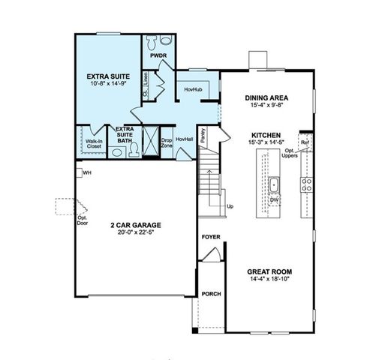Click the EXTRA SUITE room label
[109, 76]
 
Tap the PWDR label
[158, 56]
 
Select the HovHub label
[193, 90]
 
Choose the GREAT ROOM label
[269, 271]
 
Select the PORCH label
[211, 294]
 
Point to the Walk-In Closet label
[94, 142]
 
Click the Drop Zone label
[167, 142]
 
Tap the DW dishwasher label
[275, 200]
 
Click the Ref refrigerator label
[304, 142]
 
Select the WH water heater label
[88, 173]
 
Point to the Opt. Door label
[83, 220]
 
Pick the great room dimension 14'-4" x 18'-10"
[269, 280]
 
